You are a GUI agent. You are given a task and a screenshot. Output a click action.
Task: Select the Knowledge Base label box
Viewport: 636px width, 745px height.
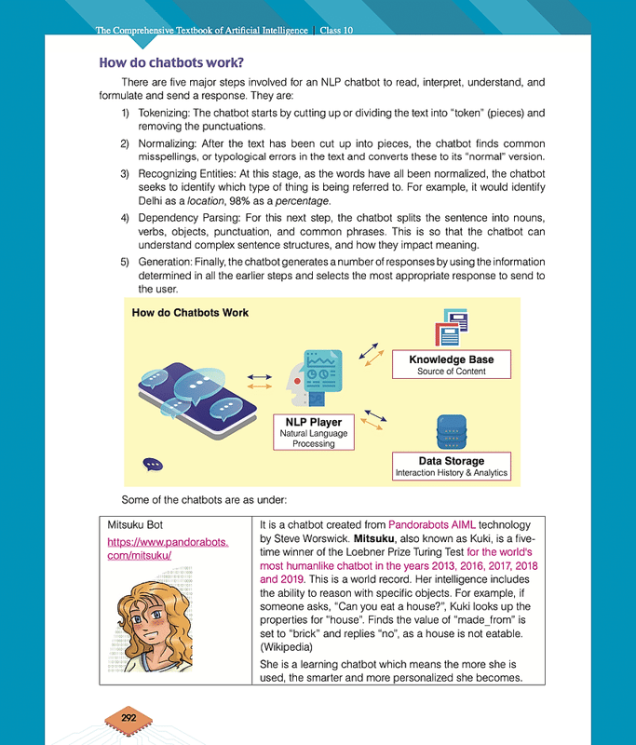tap(452, 364)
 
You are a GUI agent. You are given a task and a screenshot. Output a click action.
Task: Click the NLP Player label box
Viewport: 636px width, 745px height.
tap(313, 432)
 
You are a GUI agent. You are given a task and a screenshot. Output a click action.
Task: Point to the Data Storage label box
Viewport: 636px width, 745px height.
tap(452, 466)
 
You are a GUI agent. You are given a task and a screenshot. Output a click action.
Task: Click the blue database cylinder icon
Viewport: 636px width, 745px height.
tap(452, 431)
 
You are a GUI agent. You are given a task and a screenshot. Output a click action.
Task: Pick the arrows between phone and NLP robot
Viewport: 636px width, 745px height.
tap(260, 380)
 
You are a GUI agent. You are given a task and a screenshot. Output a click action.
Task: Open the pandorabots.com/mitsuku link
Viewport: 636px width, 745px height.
tap(169, 548)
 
